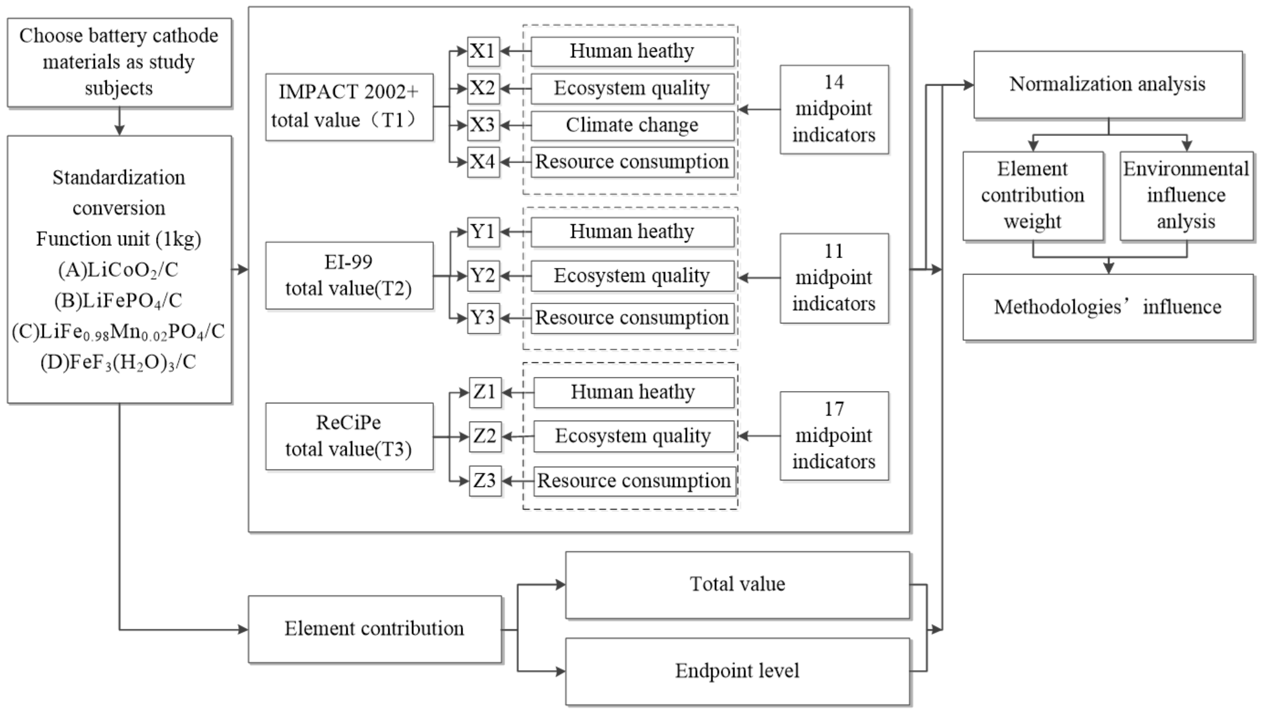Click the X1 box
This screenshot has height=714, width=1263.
point(483,51)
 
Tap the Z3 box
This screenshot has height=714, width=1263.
point(485,481)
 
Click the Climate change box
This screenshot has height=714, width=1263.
point(632,126)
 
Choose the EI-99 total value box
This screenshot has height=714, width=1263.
point(349,276)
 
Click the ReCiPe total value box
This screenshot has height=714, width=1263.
point(349,436)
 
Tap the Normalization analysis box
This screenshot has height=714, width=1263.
point(1108,84)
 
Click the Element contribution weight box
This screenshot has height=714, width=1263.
point(1033,196)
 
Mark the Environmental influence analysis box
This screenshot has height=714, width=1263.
point(1187,196)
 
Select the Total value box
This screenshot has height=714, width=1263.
point(737,585)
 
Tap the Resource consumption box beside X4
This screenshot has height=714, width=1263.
point(632,162)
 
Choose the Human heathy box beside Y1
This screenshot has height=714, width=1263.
point(632,232)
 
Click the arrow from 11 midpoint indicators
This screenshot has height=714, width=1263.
point(759,278)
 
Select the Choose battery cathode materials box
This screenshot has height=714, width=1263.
point(119,63)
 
